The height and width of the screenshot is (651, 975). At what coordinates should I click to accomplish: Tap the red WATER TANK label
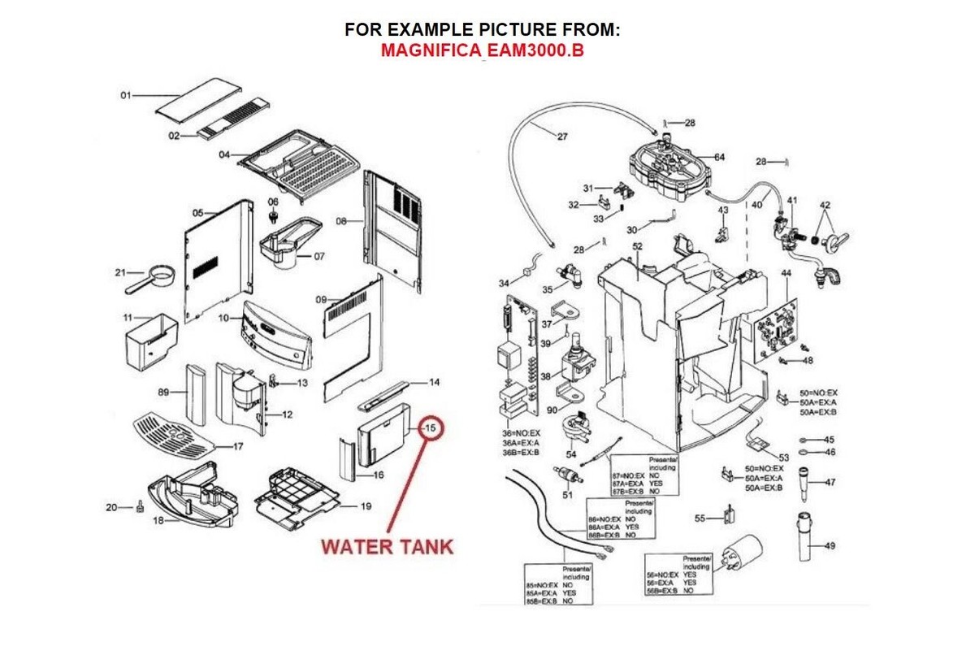(x=387, y=545)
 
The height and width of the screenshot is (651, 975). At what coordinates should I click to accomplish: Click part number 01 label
(x=126, y=96)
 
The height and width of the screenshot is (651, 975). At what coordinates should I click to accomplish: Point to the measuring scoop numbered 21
(x=154, y=279)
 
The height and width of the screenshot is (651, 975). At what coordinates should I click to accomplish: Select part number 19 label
(x=366, y=506)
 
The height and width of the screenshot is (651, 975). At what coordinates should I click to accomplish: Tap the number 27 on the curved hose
(x=561, y=137)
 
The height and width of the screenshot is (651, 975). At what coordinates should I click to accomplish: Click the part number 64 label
(x=719, y=156)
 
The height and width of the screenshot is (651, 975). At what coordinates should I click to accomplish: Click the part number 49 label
(x=830, y=545)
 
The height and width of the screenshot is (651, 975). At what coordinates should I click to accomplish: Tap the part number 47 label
(x=830, y=482)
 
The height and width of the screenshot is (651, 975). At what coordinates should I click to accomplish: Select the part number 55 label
(x=700, y=518)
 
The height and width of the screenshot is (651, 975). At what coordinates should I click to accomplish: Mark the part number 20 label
(x=112, y=507)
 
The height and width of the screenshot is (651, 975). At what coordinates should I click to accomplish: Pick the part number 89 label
(x=163, y=392)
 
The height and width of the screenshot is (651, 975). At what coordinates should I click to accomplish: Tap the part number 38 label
(x=545, y=376)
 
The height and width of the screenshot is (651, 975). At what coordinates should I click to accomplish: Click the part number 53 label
(x=784, y=458)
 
